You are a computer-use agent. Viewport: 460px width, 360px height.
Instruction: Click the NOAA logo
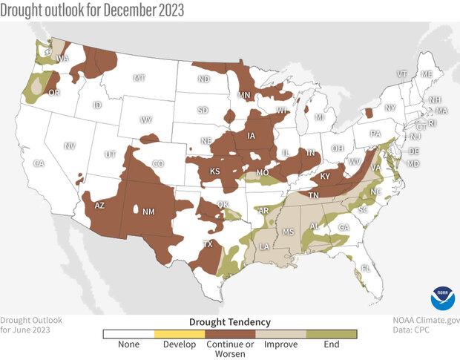441,299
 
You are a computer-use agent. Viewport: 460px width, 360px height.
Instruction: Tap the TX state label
208,243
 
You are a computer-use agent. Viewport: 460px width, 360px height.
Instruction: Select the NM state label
148,212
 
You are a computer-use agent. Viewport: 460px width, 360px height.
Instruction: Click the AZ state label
100,206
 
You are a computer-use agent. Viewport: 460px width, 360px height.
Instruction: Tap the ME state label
426,74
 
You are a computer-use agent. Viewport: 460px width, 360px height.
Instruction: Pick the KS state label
215,171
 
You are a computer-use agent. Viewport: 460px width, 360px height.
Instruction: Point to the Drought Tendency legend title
230,321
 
